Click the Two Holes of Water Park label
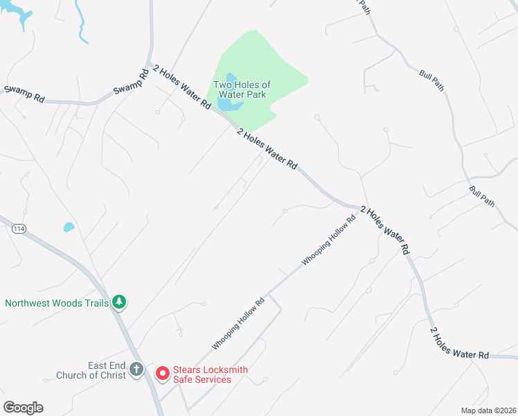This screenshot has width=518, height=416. (x=242, y=89)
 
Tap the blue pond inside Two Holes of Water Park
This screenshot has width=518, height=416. (x=228, y=105)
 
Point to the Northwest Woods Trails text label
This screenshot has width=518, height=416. (x=57, y=302)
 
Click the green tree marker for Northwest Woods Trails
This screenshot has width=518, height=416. (x=120, y=302)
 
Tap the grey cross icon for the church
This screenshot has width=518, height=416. (x=136, y=370)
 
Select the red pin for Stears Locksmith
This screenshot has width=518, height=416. (x=163, y=373)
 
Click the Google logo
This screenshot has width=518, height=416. (x=23, y=408)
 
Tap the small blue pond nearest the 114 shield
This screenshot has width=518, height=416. (x=69, y=227)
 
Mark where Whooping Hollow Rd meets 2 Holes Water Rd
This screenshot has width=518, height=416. (x=359, y=208)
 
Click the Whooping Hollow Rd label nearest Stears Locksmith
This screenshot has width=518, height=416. (x=238, y=323)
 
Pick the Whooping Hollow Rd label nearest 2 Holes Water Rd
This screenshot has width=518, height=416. (x=328, y=241)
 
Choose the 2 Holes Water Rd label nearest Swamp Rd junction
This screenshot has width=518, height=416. (x=181, y=86)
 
